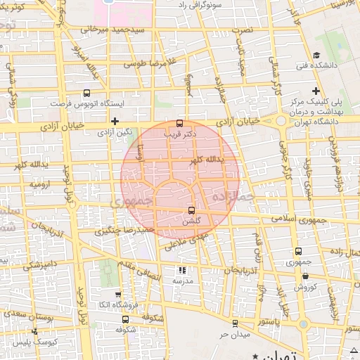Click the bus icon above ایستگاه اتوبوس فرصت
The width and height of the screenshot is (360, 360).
[86, 92]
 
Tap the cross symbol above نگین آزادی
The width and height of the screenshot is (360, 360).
[115, 121]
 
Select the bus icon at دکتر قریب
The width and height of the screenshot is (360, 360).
[180, 122]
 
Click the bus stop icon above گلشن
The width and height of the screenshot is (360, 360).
[191, 210]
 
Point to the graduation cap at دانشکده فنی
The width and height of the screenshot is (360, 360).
[316, 55]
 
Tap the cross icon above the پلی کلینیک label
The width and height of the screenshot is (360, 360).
[316, 91]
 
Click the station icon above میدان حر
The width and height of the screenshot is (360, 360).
[234, 323]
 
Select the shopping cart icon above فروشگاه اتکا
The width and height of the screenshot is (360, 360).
[117, 296]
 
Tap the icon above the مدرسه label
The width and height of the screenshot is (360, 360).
[183, 269]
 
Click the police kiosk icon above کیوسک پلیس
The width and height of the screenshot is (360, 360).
[34, 330]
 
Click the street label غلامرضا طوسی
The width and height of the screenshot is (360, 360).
[149, 63]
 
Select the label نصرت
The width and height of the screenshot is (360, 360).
[243, 30]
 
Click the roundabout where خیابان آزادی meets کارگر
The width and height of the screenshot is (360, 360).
[280, 122]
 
